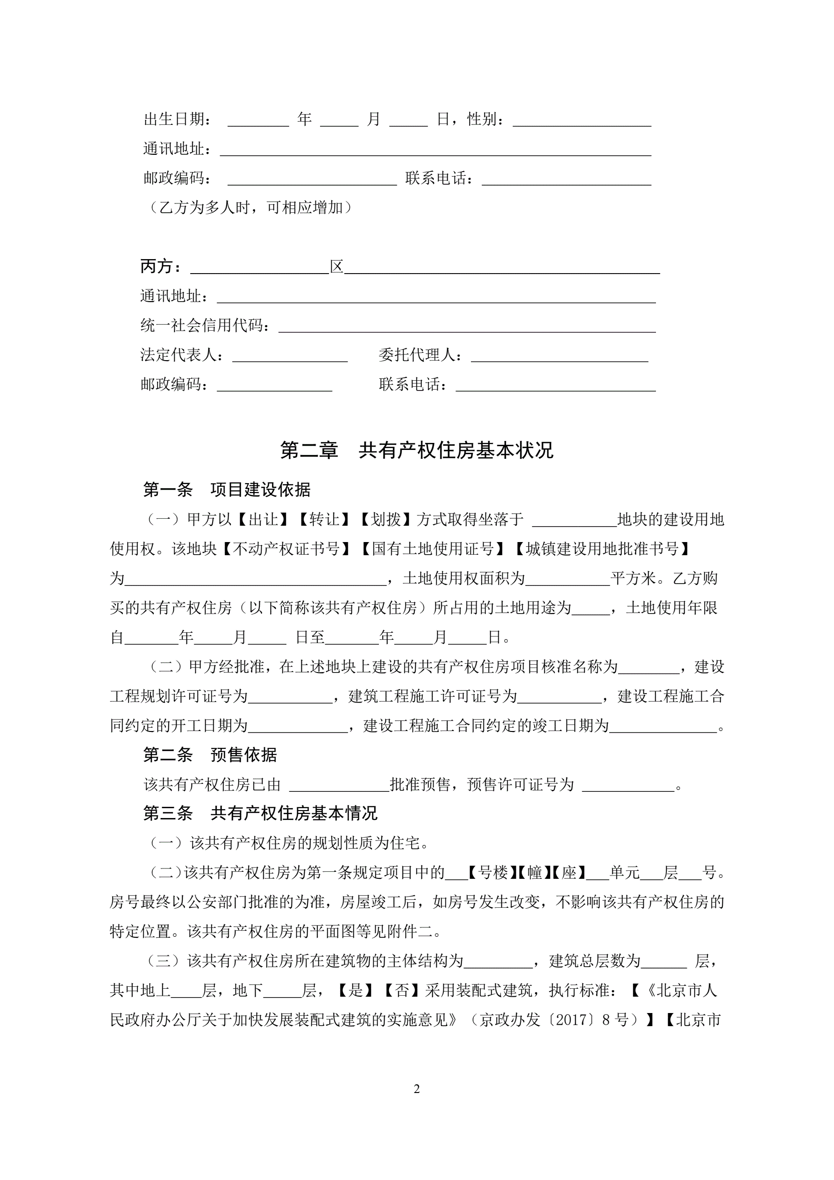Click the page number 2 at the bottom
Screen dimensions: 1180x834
tap(416, 1088)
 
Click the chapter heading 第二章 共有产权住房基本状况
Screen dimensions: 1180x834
tap(416, 450)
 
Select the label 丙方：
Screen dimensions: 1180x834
tap(161, 266)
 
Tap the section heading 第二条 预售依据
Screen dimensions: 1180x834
tap(210, 754)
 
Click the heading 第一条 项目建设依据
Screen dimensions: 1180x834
tap(227, 489)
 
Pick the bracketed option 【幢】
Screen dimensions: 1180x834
tap(534, 872)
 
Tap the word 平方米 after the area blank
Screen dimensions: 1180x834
tap(633, 579)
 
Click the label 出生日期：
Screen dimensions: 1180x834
tap(177, 119)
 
